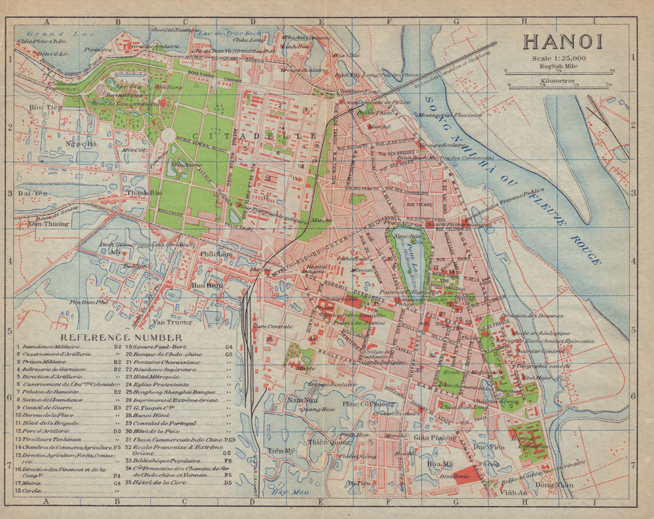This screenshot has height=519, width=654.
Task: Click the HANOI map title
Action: point(562,41)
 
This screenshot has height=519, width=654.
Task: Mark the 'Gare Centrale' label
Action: point(270,325)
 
